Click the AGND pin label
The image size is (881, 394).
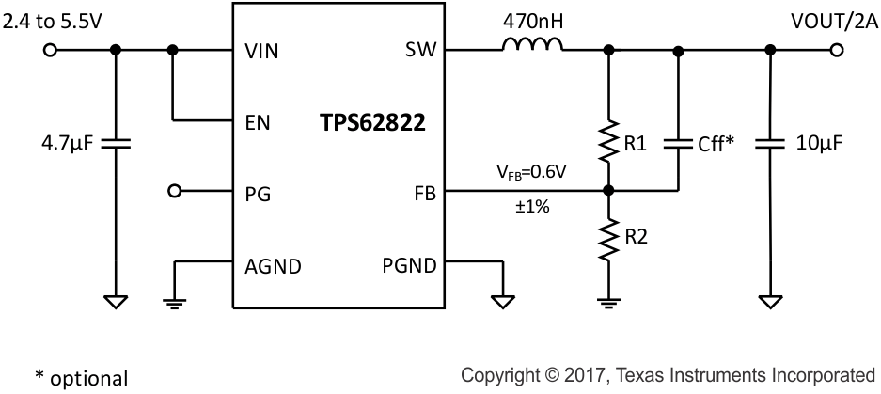pos(272,264)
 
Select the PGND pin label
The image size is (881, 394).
pos(409,264)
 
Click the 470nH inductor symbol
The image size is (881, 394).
pos(532,46)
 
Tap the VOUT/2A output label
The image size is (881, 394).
pos(827,18)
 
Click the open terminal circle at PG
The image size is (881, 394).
pos(173,192)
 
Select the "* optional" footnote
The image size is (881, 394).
pos(82,378)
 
